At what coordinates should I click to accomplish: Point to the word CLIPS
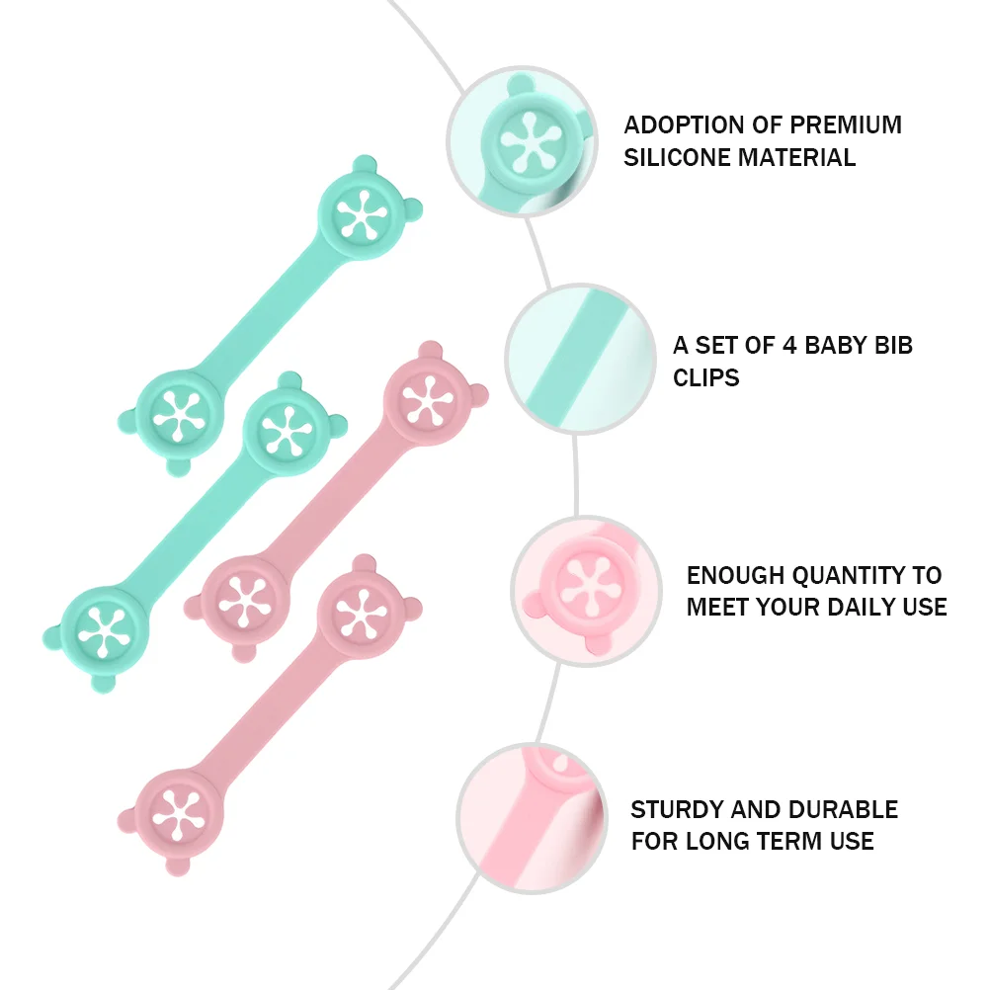(x=706, y=377)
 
